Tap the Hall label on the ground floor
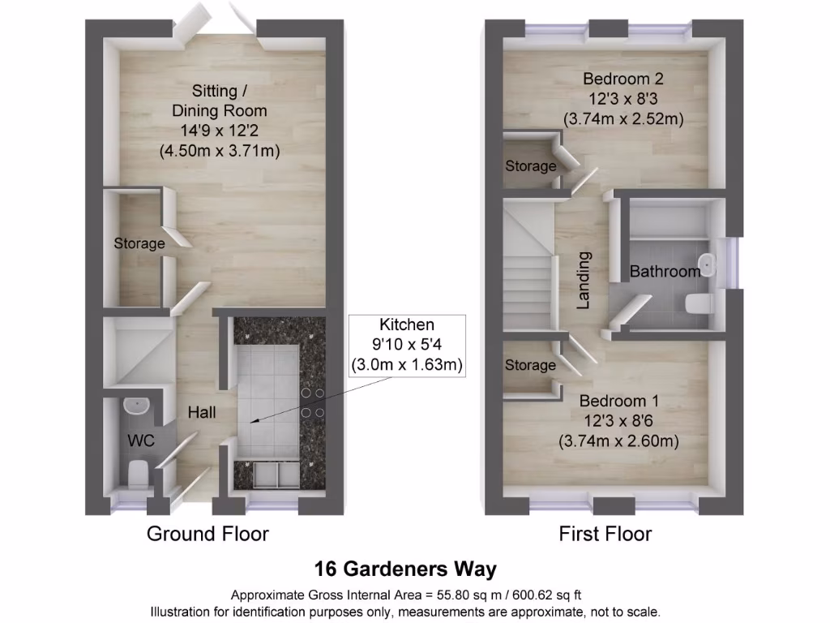(x=202, y=413)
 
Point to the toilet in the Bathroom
(x=698, y=304)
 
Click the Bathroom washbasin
(x=708, y=264)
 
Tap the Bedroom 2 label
(x=623, y=79)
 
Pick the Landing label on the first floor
(x=583, y=280)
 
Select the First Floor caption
(x=605, y=533)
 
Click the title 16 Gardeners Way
(x=405, y=569)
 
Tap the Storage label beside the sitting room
(x=139, y=243)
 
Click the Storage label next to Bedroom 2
(x=531, y=166)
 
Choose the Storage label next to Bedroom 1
(x=530, y=365)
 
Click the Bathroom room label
(x=665, y=272)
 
